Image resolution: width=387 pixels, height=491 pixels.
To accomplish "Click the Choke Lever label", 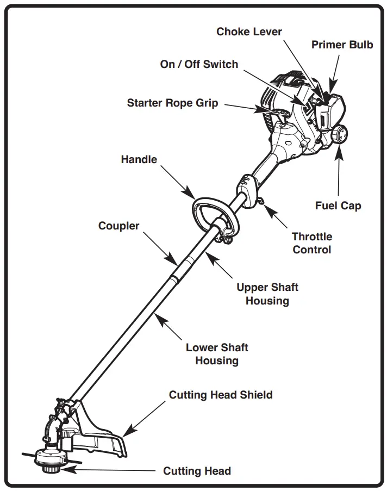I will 249,32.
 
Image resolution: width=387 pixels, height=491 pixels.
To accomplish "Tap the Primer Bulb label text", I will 342,45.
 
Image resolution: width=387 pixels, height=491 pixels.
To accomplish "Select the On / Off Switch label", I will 199,64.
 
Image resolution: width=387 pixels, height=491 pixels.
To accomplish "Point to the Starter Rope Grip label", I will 172,103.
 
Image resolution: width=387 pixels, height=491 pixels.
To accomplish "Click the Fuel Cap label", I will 338,206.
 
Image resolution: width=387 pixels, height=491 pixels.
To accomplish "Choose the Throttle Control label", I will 312,243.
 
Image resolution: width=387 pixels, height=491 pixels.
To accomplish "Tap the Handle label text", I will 139,159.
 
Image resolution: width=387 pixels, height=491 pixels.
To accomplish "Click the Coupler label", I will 118,225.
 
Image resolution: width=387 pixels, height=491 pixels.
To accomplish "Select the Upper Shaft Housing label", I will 267,294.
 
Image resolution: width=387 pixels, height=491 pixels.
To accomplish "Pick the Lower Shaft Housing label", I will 217,354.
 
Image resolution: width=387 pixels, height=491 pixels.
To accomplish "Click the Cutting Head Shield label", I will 221,395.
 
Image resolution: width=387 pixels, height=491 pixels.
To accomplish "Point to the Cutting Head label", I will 197,471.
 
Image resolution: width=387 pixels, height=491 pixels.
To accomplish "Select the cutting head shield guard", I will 103,435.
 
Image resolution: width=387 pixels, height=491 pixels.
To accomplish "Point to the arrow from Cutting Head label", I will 109,470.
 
